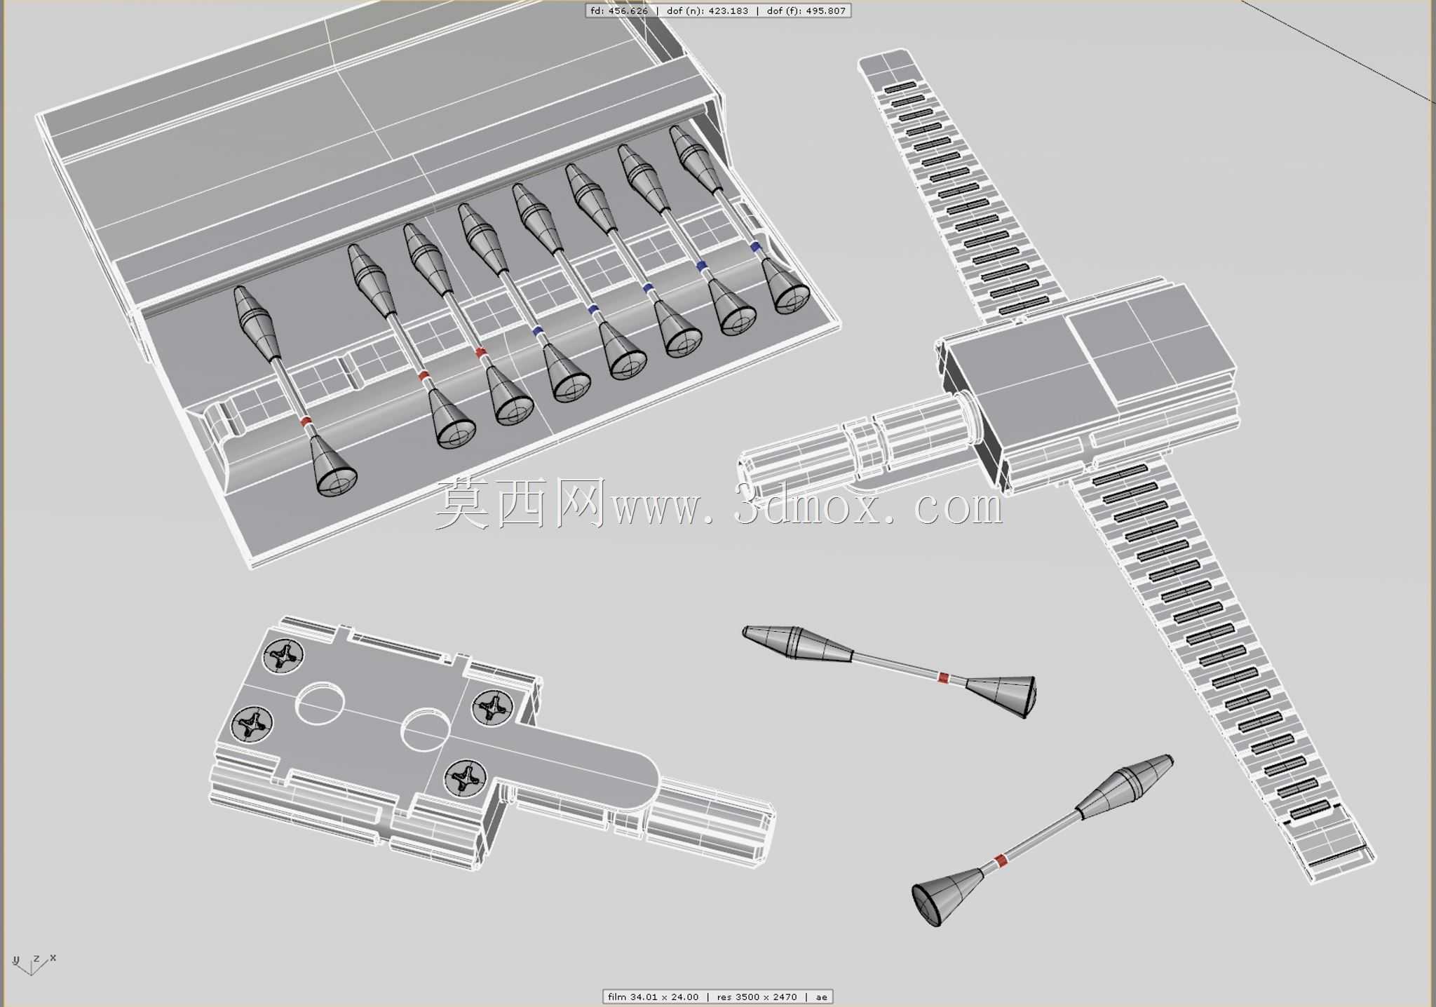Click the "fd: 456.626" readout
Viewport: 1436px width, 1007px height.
pyautogui.click(x=619, y=11)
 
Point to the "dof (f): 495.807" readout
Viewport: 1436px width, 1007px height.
pyautogui.click(x=806, y=11)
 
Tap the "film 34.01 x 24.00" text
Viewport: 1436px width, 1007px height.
pyautogui.click(x=653, y=996)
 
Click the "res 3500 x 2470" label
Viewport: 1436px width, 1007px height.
pyautogui.click(x=757, y=996)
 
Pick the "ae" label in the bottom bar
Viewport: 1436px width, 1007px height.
pyautogui.click(x=821, y=996)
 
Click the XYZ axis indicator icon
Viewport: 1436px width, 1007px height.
pyautogui.click(x=33, y=964)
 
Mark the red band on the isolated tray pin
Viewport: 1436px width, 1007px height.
pyautogui.click(x=306, y=421)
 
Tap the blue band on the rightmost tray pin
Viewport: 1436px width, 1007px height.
pyautogui.click(x=755, y=247)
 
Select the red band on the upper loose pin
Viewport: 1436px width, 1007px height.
pyautogui.click(x=944, y=678)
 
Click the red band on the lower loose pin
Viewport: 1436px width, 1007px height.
pyautogui.click(x=1001, y=860)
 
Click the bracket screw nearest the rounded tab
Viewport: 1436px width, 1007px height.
pyautogui.click(x=464, y=777)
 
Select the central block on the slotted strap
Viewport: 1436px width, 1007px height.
pyautogui.click(x=1087, y=372)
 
